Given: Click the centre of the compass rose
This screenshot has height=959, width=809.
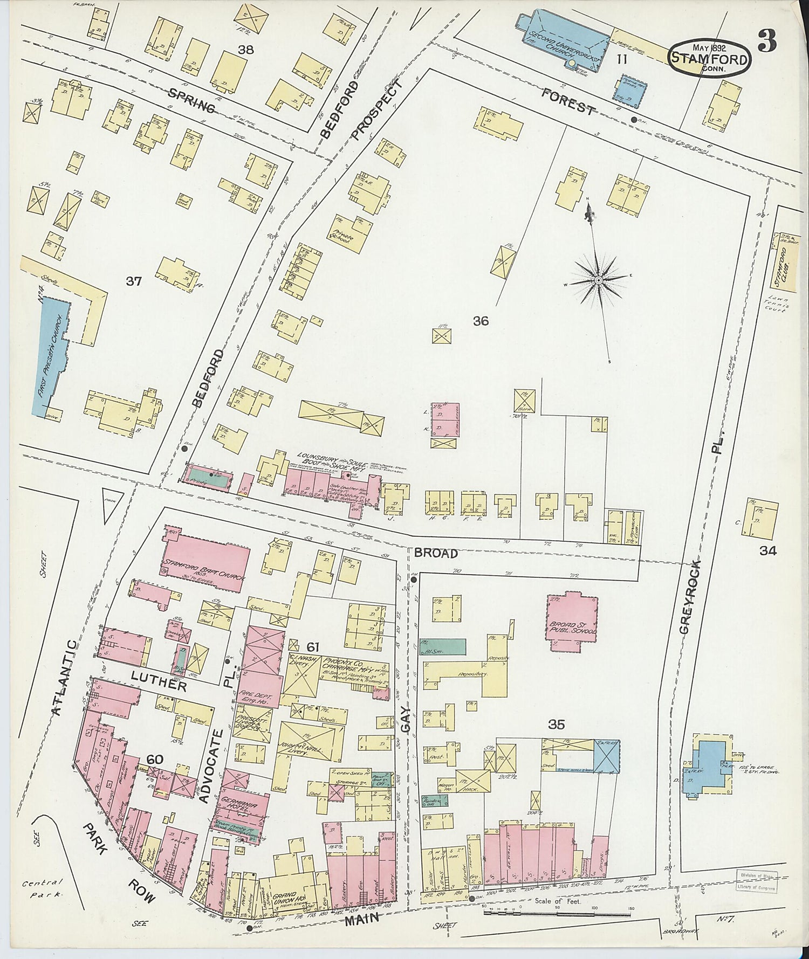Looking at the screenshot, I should click(x=598, y=280).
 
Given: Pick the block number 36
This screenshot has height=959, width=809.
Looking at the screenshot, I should click(x=481, y=321).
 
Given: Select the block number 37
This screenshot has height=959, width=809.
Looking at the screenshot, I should click(x=133, y=281).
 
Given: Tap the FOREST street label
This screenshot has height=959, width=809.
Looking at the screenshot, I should click(x=568, y=102).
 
